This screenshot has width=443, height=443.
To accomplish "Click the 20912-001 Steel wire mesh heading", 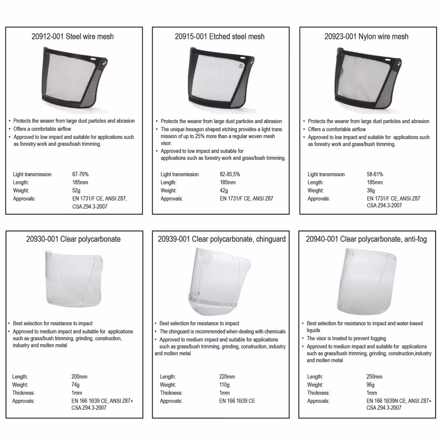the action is (x=73, y=37).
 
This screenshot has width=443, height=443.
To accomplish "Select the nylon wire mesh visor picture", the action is (x=368, y=78).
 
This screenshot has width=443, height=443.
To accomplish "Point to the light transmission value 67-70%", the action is (x=80, y=174).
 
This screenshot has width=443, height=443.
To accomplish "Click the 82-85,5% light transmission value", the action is (x=230, y=174).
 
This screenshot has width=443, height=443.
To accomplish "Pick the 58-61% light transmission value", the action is (x=375, y=174).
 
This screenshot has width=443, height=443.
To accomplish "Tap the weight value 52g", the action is (x=76, y=190).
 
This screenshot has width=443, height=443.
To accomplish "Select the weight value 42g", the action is (x=224, y=190).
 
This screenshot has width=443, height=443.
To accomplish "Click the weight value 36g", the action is (x=371, y=190).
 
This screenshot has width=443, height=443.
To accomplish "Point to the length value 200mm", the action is (x=79, y=377).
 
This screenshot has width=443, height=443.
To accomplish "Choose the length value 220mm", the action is (x=227, y=377).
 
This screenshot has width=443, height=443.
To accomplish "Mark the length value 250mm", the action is (x=374, y=377).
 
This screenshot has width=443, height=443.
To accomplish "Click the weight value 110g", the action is (x=224, y=385).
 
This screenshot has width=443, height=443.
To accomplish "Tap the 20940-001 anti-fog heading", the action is (x=366, y=239).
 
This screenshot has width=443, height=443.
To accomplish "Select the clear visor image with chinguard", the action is (x=219, y=283).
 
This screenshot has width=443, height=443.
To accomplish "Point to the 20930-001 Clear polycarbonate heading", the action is (x=74, y=239).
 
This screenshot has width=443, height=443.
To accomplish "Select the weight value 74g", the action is (x=75, y=385).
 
